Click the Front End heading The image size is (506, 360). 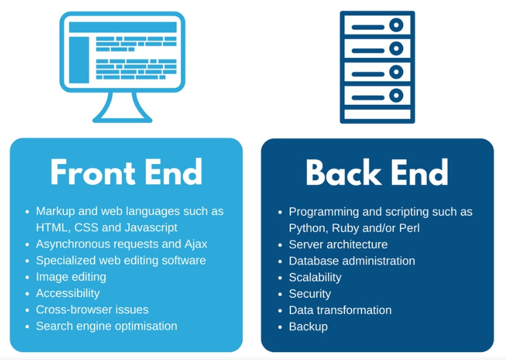click(x=126, y=173)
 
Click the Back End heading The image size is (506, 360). click(x=377, y=173)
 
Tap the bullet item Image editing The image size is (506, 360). click(x=71, y=277)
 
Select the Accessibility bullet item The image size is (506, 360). click(x=68, y=293)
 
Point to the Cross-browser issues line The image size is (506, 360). click(x=92, y=310)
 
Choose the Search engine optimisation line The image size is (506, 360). click(x=106, y=326)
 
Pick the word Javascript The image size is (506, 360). click(x=150, y=228)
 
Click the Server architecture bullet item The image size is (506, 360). click(x=338, y=245)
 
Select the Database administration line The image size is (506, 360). click(x=352, y=261)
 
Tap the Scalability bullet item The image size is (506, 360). click(x=315, y=277)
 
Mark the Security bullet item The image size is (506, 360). click(x=310, y=294)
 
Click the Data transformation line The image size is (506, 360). click(x=340, y=311)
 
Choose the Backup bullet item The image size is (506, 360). click(x=308, y=327)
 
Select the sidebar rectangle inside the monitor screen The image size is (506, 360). click(x=79, y=59)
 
